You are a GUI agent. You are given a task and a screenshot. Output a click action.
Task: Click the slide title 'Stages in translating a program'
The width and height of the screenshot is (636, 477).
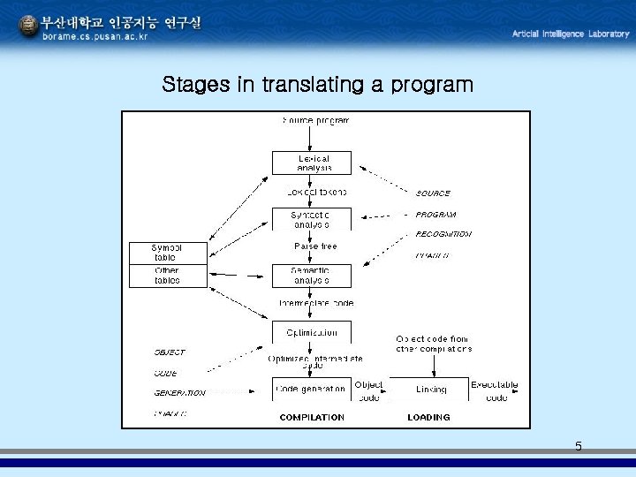317,86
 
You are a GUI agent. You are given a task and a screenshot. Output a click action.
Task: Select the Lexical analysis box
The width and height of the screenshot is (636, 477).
312,163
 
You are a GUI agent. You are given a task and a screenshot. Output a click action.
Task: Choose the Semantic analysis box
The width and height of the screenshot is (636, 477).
312,276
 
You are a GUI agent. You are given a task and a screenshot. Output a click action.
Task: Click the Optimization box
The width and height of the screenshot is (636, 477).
312,333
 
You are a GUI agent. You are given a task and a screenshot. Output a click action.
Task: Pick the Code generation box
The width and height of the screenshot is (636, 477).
312,389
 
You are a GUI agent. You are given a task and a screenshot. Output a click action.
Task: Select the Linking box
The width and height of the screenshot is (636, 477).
430,389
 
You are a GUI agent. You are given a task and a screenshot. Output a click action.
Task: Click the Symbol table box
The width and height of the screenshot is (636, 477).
167,252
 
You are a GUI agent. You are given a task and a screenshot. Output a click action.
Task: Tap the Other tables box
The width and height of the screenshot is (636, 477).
167,276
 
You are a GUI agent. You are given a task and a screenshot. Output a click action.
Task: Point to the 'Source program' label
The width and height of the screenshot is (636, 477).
315,120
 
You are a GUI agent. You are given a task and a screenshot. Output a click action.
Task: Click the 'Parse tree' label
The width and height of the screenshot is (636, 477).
315,246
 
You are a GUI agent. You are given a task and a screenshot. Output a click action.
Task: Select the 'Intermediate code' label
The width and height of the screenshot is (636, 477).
315,303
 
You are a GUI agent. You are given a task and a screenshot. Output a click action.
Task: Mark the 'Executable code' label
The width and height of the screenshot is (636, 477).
495,391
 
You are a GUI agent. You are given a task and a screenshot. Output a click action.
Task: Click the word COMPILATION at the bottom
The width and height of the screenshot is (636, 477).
312,417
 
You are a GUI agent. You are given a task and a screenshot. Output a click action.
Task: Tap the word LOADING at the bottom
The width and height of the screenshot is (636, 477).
429,417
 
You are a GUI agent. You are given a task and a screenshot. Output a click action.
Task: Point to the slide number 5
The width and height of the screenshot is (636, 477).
579,446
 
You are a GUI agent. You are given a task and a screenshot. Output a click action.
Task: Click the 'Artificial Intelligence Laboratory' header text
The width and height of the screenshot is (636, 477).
571,34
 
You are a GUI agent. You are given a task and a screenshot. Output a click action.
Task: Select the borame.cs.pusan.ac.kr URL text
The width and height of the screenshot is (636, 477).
95,37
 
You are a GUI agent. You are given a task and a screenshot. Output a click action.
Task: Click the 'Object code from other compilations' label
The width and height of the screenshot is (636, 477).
433,344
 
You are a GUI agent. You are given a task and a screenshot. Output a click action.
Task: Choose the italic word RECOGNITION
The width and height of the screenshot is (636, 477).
443,235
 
